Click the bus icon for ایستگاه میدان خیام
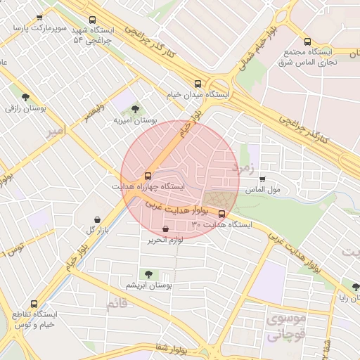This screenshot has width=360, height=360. coord(198,82)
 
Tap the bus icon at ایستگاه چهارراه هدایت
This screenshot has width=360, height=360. coord(148,175)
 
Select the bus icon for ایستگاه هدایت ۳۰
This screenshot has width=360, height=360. coord(222,214)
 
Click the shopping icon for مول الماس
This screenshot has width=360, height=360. coord(263,179)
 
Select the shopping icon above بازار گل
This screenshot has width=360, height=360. coord(97,219)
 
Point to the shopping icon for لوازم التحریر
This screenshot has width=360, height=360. coord(165,229)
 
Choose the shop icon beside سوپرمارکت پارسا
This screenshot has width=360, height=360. coord(39,18)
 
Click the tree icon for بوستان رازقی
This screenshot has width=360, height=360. coord(26,98)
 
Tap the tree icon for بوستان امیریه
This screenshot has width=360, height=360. coord(135,109)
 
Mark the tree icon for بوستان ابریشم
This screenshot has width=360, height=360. coord(148,274)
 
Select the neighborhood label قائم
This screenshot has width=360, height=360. coord(117,305)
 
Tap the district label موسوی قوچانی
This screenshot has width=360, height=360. coord(285,327)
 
